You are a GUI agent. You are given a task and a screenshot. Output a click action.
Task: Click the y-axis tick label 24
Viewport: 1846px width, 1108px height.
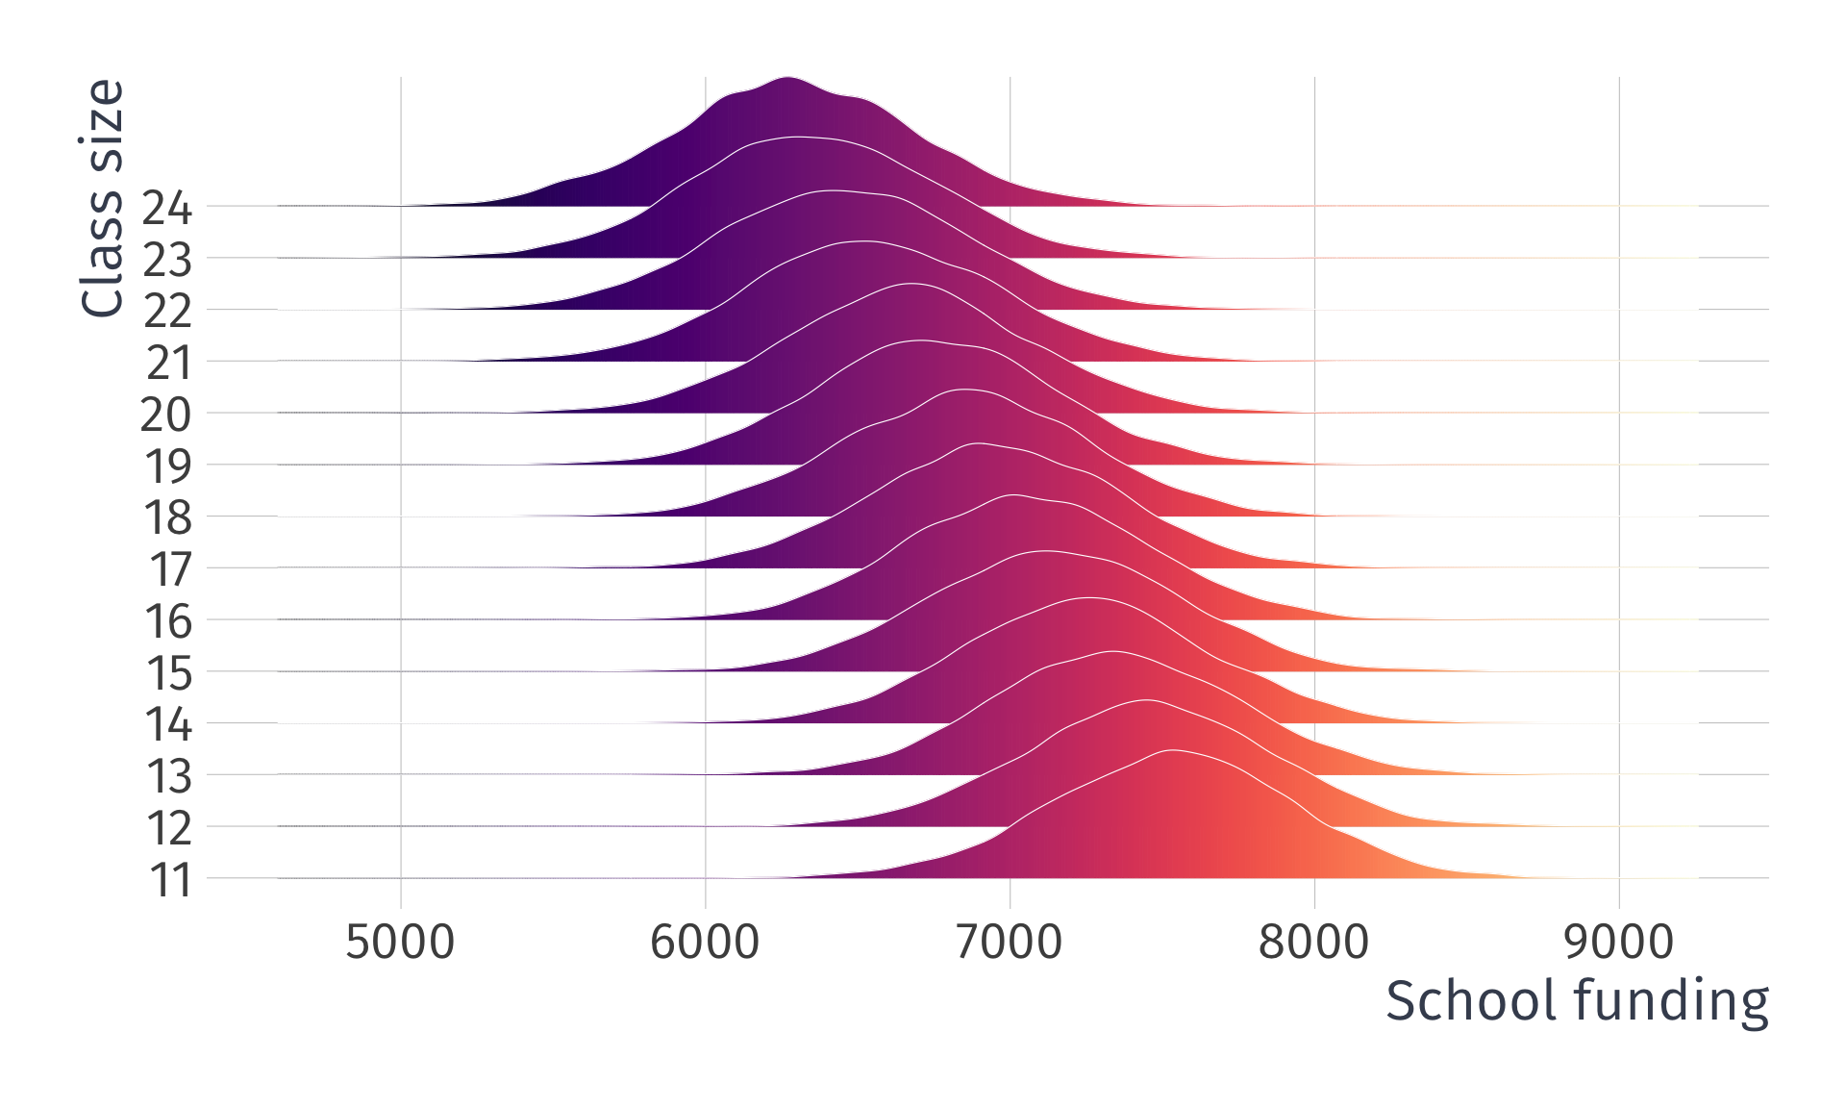pyautogui.click(x=167, y=208)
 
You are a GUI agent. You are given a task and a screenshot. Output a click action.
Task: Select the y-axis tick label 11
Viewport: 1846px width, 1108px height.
pyautogui.click(x=170, y=880)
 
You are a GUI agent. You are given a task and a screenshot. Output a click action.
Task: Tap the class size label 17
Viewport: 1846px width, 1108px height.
pyautogui.click(x=170, y=569)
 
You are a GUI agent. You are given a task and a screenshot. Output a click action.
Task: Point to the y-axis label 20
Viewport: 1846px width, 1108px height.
pyautogui.click(x=166, y=415)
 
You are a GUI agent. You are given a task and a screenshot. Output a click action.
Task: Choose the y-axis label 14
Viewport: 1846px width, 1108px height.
pyautogui.click(x=168, y=724)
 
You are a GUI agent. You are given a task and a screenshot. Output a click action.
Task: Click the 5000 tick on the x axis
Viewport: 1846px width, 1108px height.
pyautogui.click(x=400, y=942)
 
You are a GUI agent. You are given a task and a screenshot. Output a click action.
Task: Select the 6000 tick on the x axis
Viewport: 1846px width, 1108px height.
pyautogui.click(x=705, y=942)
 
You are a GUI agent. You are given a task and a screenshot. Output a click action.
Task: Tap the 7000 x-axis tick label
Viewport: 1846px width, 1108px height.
pyautogui.click(x=1010, y=942)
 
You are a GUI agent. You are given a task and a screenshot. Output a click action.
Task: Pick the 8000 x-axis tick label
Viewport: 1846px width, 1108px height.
pyautogui.click(x=1313, y=942)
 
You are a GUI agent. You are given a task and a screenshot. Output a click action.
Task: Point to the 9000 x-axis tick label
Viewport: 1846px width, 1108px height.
pyautogui.click(x=1619, y=942)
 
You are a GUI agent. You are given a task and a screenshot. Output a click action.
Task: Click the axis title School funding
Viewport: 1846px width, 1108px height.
pyautogui.click(x=1577, y=1001)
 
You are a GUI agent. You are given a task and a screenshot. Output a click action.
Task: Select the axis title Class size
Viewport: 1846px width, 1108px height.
pyautogui.click(x=103, y=198)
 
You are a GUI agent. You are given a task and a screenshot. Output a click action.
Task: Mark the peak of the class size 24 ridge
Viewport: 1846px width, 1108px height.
pyautogui.click(x=787, y=78)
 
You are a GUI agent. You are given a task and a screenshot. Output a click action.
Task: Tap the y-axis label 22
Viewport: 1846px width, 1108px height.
pyautogui.click(x=167, y=311)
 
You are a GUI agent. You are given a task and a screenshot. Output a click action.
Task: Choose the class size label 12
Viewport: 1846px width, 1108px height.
pyautogui.click(x=169, y=828)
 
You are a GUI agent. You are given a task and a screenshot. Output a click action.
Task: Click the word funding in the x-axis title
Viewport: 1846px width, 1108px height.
pyautogui.click(x=1671, y=1001)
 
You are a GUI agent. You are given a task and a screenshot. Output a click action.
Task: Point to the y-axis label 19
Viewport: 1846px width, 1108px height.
pyautogui.click(x=167, y=466)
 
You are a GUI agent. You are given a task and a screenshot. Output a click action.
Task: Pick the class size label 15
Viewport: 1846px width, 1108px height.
pyautogui.click(x=169, y=673)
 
